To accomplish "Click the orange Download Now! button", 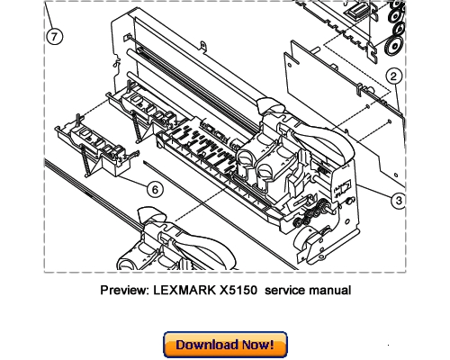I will point(224,345).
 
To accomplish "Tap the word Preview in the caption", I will point(124,290).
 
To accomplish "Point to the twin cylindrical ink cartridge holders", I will point(260,166).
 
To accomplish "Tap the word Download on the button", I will point(205,345).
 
